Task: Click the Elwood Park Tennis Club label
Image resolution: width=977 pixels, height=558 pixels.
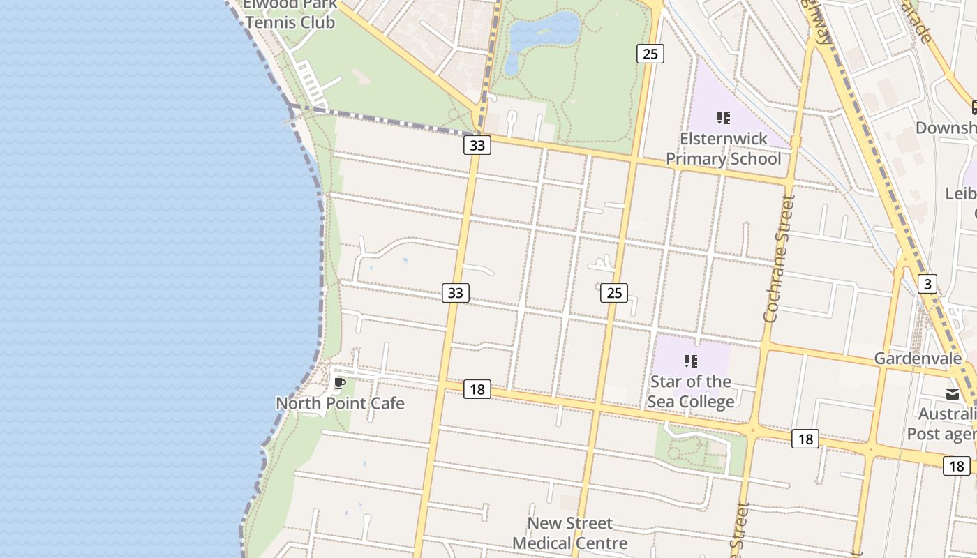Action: click(x=290, y=14)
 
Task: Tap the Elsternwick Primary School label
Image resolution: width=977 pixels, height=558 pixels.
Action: click(x=724, y=149)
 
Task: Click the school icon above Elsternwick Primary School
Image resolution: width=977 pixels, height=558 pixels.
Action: click(x=723, y=118)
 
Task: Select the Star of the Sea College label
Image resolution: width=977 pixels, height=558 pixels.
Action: click(x=690, y=391)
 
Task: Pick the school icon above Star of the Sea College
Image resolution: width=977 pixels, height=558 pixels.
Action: click(x=690, y=361)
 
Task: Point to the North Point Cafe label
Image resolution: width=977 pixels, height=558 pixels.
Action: click(x=340, y=403)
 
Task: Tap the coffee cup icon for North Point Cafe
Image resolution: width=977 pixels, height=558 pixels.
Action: click(x=340, y=384)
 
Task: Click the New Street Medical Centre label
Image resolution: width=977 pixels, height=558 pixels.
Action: click(x=570, y=533)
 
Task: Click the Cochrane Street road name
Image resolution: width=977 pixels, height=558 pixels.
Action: click(x=780, y=259)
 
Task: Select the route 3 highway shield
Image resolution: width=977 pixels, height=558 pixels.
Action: click(x=927, y=284)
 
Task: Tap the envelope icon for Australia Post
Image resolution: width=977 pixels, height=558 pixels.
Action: click(x=953, y=394)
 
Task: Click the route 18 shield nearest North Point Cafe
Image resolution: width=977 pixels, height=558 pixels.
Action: click(x=477, y=389)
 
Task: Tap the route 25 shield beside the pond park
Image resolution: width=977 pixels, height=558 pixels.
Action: click(x=650, y=54)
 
